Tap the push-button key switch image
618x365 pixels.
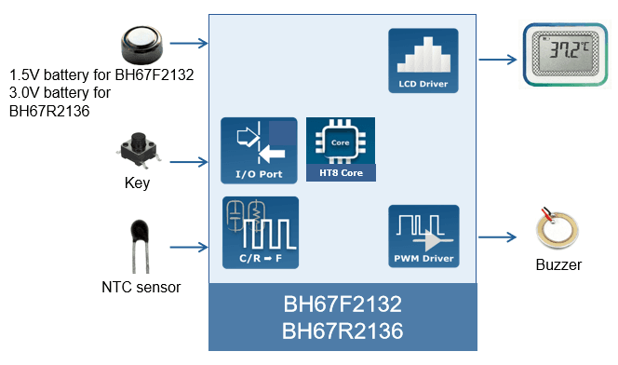coord(138,150)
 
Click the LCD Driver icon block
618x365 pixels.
coord(423,61)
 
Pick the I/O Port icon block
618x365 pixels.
coord(259,150)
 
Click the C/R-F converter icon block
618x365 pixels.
coord(260,232)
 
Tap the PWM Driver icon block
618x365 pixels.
coord(423,237)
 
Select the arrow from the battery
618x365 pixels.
coord(190,43)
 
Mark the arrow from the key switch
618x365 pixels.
coord(190,162)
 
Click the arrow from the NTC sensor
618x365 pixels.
coord(190,248)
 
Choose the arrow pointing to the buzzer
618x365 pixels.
coord(499,237)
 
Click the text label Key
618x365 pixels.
coord(137,182)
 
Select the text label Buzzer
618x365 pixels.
coord(558,265)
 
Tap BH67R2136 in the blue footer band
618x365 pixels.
coord(342,331)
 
